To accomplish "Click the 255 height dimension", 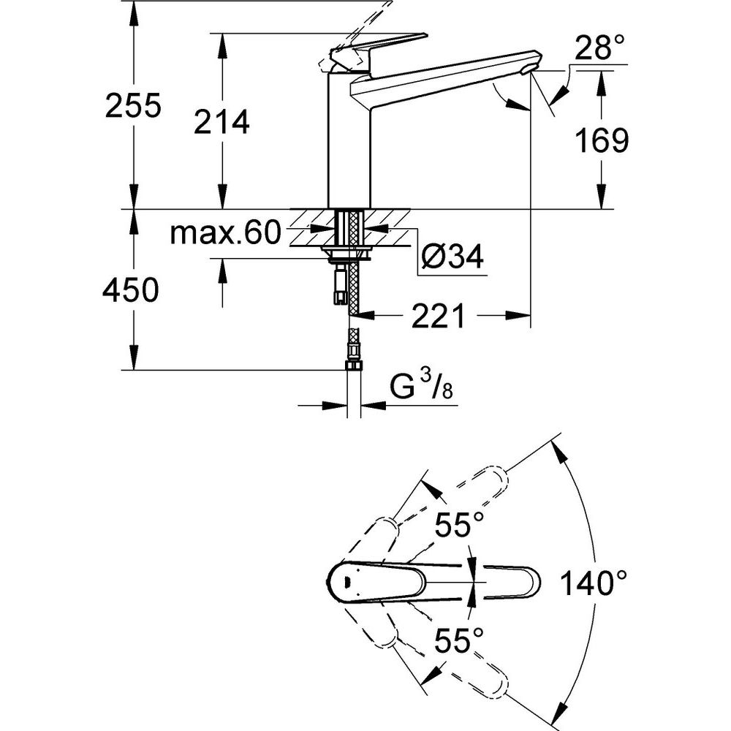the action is click(x=133, y=105).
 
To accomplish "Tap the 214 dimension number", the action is click(x=221, y=122).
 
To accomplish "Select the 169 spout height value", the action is click(x=602, y=140).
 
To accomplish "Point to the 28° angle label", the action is click(x=599, y=48).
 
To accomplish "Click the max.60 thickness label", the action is click(x=226, y=233).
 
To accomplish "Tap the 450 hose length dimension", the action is click(x=131, y=290).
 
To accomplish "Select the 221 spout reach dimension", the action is click(x=438, y=316).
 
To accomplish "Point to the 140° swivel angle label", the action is click(x=593, y=583).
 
